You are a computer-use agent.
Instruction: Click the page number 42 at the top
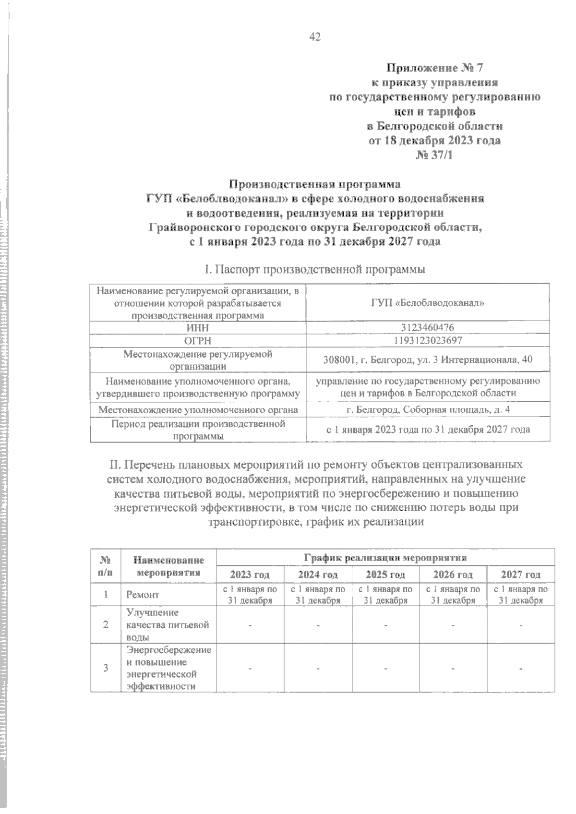315,37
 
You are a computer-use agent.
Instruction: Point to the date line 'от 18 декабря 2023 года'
434,141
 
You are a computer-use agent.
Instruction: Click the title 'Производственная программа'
315,184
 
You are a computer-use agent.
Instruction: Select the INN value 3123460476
427,328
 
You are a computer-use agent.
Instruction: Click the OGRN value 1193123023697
427,341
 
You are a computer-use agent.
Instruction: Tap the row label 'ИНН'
198,328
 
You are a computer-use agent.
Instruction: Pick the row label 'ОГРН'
198,341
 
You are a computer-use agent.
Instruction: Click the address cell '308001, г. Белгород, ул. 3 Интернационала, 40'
427,360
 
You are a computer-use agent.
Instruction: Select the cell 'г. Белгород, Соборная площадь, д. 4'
427,410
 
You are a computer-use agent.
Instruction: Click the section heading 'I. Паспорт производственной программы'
315,270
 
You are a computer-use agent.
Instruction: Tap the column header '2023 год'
250,575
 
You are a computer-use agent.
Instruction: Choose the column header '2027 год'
521,575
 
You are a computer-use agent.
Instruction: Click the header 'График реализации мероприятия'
385,558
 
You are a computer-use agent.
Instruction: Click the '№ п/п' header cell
106,566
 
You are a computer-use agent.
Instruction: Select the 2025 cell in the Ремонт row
385,595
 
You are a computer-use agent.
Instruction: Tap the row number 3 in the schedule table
106,668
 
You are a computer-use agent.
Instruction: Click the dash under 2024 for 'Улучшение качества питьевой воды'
317,625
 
